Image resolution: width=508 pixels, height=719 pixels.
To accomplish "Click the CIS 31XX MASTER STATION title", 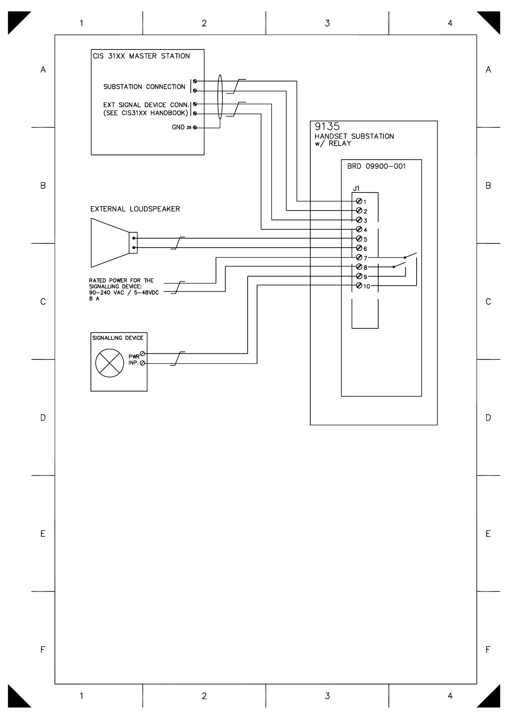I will point(141,56).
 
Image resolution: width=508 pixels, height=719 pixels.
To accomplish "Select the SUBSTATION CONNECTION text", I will point(144,87).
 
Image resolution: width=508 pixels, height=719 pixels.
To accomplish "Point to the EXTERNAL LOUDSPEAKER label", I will point(135,209).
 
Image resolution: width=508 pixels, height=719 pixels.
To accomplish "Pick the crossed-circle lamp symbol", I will point(110,363).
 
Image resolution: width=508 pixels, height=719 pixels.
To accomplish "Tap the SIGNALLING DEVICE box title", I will point(118,338).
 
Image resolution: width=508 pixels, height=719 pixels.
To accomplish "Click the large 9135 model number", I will point(327,126).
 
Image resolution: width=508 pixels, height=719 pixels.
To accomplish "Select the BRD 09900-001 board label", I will point(376,166).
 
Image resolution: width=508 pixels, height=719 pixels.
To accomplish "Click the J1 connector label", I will point(356,188).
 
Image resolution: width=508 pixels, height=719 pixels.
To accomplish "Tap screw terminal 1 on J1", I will point(359,201).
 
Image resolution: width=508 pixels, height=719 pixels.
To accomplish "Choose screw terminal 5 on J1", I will point(359,239).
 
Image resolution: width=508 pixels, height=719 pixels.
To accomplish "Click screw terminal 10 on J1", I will point(359,286).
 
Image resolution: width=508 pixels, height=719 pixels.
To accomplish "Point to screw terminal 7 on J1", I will point(359,257).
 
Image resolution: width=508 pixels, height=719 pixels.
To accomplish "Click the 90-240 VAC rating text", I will point(124,292).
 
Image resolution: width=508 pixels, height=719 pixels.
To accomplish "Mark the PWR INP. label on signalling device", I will point(134,359).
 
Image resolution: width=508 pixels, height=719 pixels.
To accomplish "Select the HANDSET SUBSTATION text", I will point(354,136).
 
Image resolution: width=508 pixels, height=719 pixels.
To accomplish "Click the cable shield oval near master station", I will point(220,97).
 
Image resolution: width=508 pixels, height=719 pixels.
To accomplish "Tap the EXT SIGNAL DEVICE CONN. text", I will point(146,105).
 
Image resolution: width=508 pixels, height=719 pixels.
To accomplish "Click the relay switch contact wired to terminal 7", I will point(410,256).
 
